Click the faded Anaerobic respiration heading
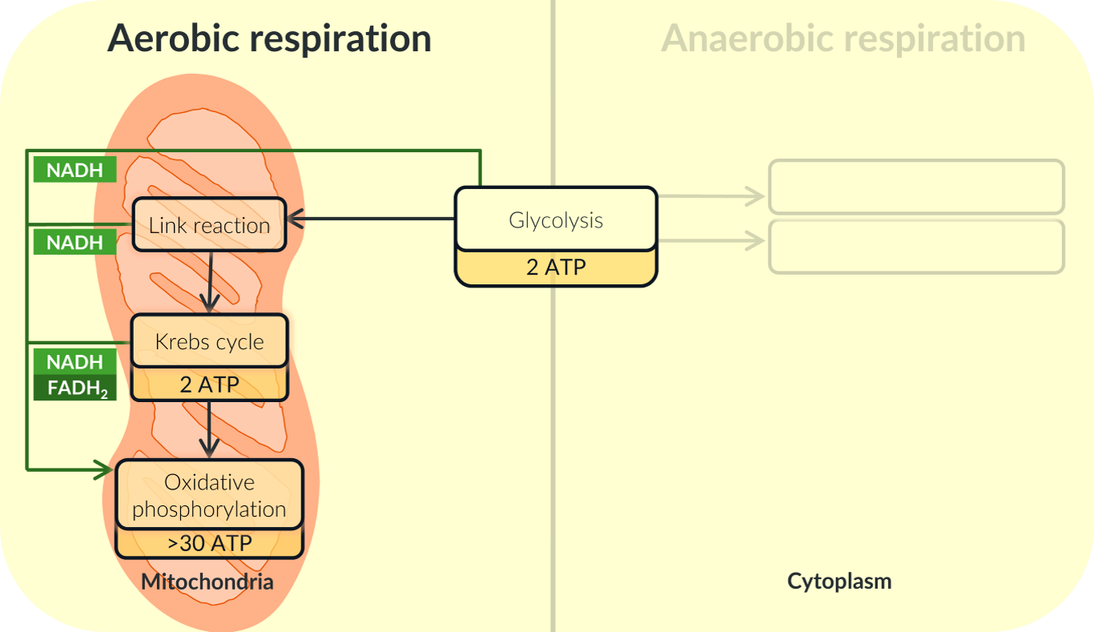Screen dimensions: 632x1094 click(x=843, y=38)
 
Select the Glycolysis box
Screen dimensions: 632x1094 click(x=556, y=219)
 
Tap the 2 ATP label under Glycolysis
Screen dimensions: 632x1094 click(x=556, y=267)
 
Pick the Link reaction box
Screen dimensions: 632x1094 click(x=209, y=225)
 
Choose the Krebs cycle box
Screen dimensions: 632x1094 click(x=209, y=341)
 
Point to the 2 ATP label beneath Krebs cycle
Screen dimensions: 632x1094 click(x=209, y=384)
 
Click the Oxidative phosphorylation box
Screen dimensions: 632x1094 click(x=209, y=495)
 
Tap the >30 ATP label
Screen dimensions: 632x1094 click(x=209, y=544)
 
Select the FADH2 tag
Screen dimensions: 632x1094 click(x=74, y=389)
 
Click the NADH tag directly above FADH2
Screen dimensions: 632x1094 click(x=74, y=362)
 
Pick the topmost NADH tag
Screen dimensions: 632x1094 click(x=74, y=170)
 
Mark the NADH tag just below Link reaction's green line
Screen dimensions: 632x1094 click(x=74, y=242)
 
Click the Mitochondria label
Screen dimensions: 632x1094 click(x=207, y=582)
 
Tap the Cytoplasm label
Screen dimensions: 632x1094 click(x=839, y=581)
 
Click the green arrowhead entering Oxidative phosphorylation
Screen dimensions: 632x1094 click(x=105, y=469)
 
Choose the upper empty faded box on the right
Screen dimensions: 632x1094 click(x=916, y=187)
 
